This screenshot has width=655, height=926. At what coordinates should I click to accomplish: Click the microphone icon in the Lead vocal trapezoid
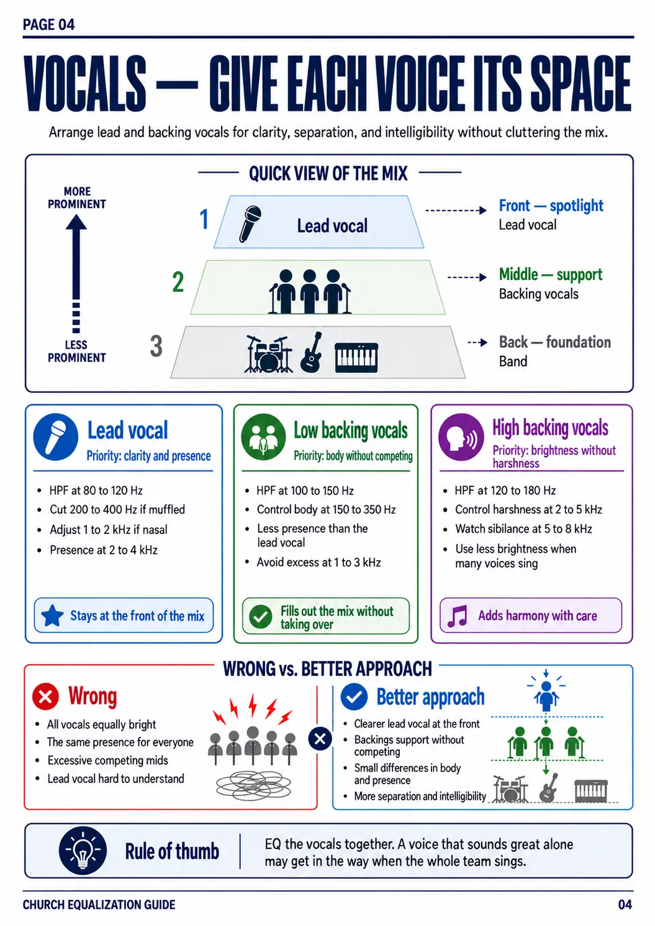pyautogui.click(x=250, y=224)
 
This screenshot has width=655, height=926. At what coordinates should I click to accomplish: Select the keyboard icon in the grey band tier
pyautogui.click(x=356, y=358)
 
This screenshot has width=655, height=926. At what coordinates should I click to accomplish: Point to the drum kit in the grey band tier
pyautogui.click(x=268, y=354)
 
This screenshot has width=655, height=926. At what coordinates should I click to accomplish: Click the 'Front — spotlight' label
pyautogui.click(x=551, y=206)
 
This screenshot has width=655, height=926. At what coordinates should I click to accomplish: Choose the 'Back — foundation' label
pyautogui.click(x=554, y=342)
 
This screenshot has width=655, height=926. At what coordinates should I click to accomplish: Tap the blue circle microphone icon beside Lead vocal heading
pyautogui.click(x=56, y=437)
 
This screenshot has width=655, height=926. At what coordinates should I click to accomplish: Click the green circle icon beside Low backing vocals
pyautogui.click(x=264, y=437)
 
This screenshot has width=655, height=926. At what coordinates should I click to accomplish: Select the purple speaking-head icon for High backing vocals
pyautogui.click(x=461, y=437)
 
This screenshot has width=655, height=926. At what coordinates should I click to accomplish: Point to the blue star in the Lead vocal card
pyautogui.click(x=53, y=616)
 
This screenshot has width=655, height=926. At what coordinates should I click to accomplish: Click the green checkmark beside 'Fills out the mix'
pyautogui.click(x=261, y=616)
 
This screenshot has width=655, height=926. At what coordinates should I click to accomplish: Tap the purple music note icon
pyautogui.click(x=458, y=616)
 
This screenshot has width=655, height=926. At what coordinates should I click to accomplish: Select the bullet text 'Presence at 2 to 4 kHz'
pyautogui.click(x=104, y=550)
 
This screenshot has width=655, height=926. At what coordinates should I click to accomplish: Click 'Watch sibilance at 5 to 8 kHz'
pyautogui.click(x=523, y=529)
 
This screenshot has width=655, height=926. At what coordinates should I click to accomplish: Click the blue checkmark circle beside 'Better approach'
pyautogui.click(x=354, y=697)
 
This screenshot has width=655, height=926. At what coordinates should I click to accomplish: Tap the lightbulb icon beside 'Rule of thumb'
pyautogui.click(x=83, y=850)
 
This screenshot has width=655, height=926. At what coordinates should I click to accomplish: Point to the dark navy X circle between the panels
pyautogui.click(x=320, y=738)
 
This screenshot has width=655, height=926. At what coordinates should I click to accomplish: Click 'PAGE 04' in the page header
pyautogui.click(x=49, y=25)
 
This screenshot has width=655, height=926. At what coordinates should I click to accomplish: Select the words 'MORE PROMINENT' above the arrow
pyautogui.click(x=77, y=197)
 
